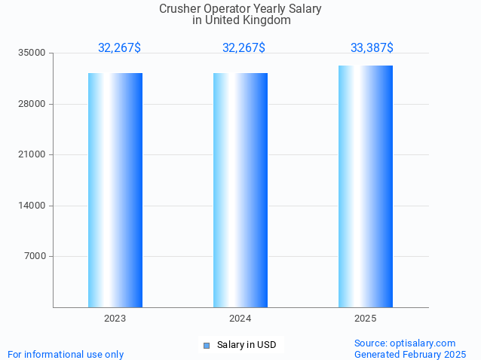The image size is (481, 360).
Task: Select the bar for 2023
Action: [115, 190]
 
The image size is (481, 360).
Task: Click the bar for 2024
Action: [240, 190]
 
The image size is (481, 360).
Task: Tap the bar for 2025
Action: [366, 186]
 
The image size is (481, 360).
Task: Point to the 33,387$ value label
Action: [372, 47]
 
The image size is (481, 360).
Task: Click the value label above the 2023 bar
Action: [119, 47]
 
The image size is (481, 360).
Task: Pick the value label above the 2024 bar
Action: [244, 47]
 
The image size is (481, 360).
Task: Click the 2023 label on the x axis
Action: [115, 319]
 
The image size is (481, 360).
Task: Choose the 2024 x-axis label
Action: [240, 319]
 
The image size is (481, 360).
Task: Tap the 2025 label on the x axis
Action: [366, 319]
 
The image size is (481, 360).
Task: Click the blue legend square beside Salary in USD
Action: [206, 346]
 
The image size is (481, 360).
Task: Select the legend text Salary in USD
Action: [247, 345]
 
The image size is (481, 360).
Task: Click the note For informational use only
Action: [66, 354]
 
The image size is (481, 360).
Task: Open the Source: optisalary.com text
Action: [405, 343]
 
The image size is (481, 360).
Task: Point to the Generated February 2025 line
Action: [410, 354]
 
